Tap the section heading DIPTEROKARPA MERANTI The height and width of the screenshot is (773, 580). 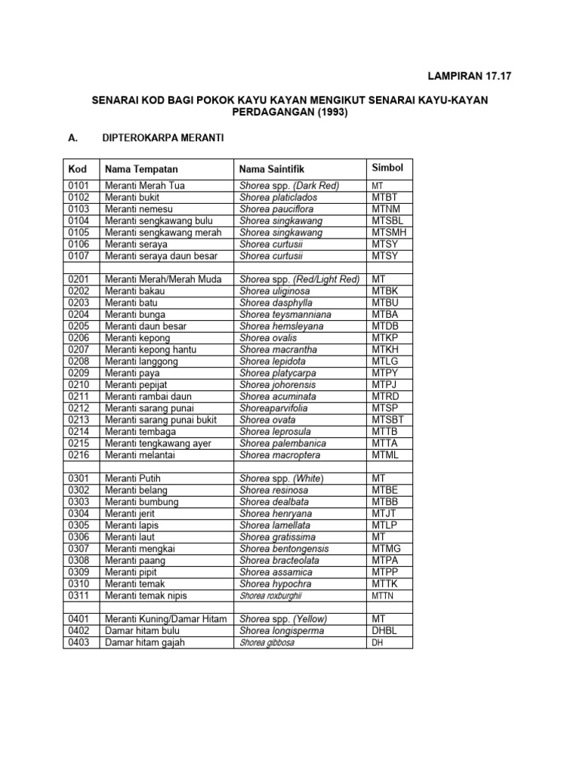click(x=161, y=138)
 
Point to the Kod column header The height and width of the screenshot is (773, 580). click(x=78, y=168)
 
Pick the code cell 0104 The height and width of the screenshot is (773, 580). click(x=79, y=221)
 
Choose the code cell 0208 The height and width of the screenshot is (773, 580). click(x=79, y=362)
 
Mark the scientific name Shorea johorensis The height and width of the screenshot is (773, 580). click(x=278, y=385)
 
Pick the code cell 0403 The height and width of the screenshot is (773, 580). click(x=79, y=643)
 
